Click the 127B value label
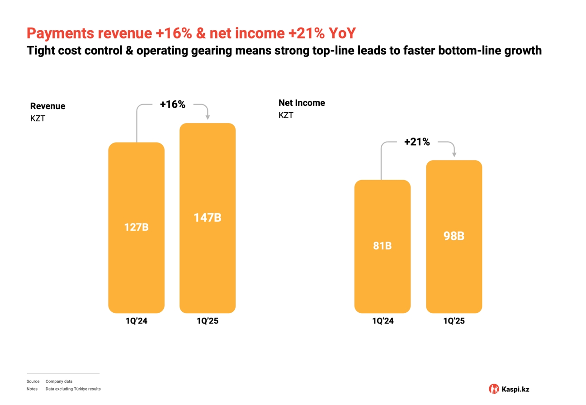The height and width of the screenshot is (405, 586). (136, 227)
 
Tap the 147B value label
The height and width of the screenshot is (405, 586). (208, 218)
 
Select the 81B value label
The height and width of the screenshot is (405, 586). (383, 246)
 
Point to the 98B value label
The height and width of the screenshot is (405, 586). (454, 236)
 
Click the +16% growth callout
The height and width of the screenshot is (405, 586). (172, 105)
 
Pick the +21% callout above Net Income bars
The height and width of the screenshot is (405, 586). (417, 142)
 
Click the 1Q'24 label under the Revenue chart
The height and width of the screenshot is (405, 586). (137, 321)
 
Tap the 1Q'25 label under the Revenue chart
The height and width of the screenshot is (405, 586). (208, 321)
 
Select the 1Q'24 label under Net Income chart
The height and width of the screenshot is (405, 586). (383, 321)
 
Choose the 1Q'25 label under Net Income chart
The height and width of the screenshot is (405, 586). (454, 321)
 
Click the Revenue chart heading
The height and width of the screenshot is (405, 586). (47, 106)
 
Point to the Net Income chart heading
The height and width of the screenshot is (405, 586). (302, 103)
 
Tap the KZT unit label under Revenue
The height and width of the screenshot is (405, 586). (38, 119)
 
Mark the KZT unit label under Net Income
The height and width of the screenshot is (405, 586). (286, 115)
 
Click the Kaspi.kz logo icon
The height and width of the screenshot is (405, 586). (494, 389)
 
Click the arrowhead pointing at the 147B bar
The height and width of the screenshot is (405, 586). (208, 118)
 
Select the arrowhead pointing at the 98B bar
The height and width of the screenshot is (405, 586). (454, 155)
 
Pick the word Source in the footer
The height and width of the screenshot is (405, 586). (33, 381)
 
